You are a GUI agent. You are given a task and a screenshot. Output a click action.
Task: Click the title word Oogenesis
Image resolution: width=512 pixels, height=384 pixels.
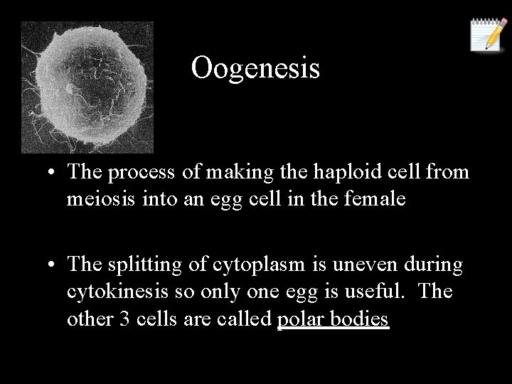(255, 68)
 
